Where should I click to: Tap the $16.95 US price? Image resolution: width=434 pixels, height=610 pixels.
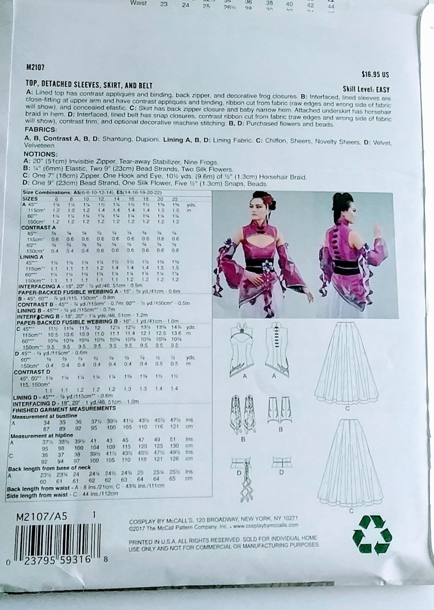[375, 75]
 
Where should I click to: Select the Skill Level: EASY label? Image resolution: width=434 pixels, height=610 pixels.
[366, 89]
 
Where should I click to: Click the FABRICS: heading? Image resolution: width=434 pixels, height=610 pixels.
[41, 129]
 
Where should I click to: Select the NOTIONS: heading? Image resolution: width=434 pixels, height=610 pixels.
[40, 154]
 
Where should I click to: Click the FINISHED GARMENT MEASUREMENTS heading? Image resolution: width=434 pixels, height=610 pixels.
[64, 408]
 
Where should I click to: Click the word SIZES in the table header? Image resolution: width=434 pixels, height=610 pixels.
[30, 199]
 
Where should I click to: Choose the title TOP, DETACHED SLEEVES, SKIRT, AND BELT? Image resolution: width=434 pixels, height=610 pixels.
[89, 85]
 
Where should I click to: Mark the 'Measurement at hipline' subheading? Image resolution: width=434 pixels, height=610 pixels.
[42, 435]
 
